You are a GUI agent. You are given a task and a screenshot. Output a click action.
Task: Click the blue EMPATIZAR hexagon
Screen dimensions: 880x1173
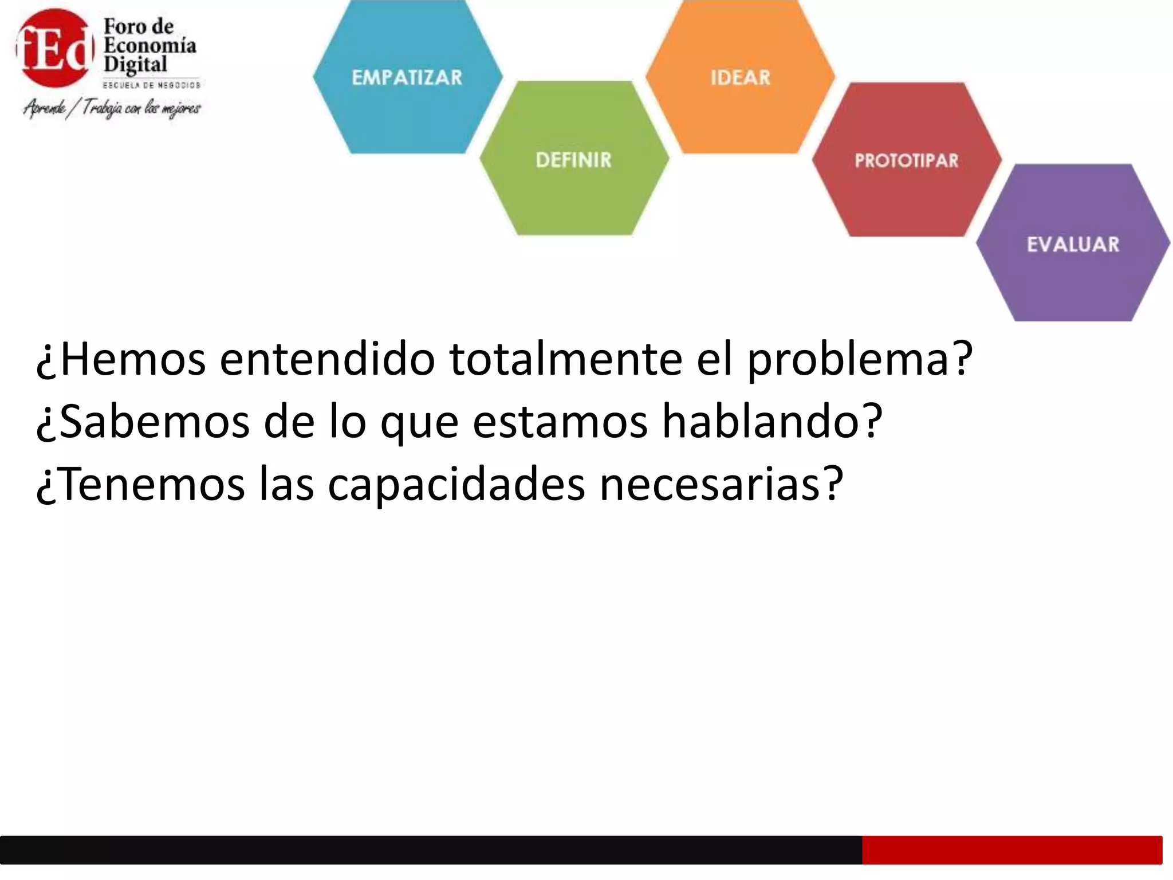[x=407, y=77]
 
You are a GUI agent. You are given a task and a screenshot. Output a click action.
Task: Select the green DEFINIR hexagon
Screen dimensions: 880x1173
[x=574, y=159]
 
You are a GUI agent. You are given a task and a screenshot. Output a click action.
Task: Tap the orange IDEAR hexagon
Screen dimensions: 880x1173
[x=740, y=77]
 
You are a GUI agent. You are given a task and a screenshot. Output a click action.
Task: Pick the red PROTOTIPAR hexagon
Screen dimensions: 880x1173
[x=906, y=160]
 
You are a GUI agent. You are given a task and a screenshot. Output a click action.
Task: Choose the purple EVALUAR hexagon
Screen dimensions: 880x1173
[x=1073, y=244]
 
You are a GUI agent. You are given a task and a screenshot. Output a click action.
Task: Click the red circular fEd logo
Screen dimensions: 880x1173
[x=54, y=49]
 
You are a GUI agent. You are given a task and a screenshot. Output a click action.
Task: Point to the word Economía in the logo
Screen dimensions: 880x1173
[x=150, y=45]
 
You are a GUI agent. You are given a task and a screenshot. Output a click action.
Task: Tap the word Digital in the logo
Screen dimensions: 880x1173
[x=135, y=64]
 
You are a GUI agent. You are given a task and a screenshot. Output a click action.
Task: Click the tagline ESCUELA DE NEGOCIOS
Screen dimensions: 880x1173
[x=151, y=85]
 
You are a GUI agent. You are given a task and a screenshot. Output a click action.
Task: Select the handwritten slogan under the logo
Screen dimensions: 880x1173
[x=112, y=108]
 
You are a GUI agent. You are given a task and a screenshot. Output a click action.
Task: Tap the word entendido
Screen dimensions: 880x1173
[x=327, y=360]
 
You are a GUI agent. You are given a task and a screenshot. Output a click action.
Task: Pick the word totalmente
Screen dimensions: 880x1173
[x=566, y=360]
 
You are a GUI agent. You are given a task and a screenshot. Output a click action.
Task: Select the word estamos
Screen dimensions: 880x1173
[x=560, y=422]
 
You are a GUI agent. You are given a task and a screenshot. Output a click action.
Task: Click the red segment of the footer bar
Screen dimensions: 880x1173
[x=1011, y=850]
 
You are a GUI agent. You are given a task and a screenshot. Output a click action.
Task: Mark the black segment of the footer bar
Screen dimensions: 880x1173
[x=430, y=850]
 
